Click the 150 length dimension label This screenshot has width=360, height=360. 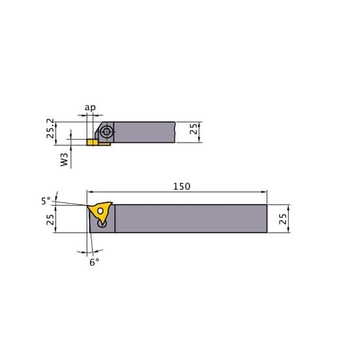click(181, 186)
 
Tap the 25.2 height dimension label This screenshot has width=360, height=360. click(50, 128)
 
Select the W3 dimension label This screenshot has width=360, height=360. click(64, 160)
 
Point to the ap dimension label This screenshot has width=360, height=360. click(90, 107)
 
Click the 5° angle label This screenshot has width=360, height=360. click(46, 201)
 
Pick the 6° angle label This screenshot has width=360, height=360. click(94, 262)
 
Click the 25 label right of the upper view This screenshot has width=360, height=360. click(194, 129)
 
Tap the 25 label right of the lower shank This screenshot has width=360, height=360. click(283, 219)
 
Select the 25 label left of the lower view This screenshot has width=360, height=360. click(50, 220)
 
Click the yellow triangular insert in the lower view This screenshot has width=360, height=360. click(100, 211)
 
